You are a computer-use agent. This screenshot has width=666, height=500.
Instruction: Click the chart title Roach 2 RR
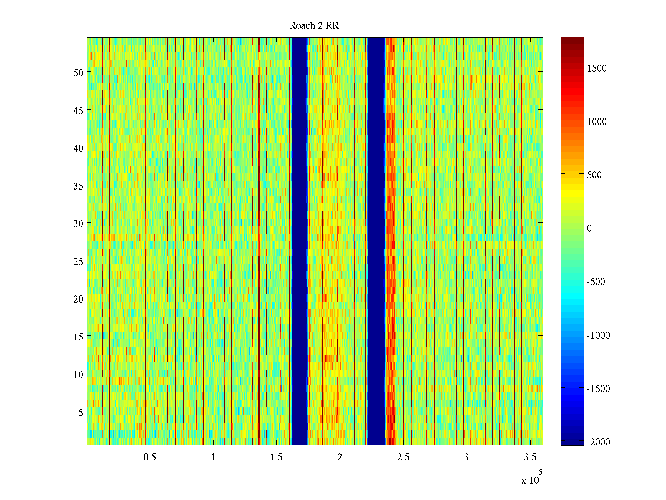point(314,26)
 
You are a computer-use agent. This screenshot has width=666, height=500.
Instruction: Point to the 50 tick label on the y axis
point(78,72)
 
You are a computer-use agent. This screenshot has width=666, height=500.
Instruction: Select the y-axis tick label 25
point(78,261)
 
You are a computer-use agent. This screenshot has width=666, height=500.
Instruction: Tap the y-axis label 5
point(81,412)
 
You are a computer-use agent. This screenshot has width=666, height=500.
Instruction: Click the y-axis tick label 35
point(78,186)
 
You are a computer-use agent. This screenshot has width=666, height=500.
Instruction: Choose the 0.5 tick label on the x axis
point(150,457)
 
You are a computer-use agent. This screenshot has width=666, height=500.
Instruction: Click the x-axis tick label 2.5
point(403,457)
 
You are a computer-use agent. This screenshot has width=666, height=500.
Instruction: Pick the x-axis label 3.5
point(530,457)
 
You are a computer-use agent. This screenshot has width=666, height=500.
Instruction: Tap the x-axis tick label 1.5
point(276,457)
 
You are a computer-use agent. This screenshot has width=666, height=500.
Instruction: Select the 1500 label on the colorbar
point(597,68)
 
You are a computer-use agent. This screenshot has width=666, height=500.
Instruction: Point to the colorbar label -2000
point(598,442)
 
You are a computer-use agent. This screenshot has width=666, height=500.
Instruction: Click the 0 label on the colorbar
point(589,228)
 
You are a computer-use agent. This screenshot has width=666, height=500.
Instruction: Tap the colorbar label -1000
point(598,335)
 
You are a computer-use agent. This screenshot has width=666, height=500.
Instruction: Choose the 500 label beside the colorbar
point(594,175)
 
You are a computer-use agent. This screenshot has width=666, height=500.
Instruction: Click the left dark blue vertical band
point(300,242)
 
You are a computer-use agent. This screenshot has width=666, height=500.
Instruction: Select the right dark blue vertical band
point(376,242)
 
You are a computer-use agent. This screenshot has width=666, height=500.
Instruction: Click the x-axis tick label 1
point(213,457)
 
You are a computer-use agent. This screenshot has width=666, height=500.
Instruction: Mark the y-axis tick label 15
point(78,337)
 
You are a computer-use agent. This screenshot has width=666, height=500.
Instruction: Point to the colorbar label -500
point(596,282)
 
